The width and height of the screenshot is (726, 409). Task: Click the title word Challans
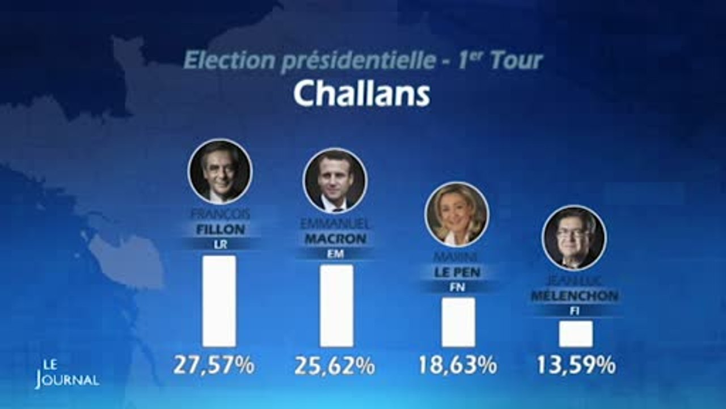click(361, 94)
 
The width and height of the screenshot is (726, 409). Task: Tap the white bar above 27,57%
click(219, 301)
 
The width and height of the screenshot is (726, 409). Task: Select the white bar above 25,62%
click(336, 305)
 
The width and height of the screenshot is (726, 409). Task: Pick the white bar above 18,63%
click(458, 322)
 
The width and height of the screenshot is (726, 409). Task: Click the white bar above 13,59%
click(576, 333)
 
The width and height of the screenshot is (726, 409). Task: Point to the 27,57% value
click(214, 366)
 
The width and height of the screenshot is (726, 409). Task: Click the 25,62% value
click(334, 366)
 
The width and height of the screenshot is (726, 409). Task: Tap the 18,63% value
click(457, 366)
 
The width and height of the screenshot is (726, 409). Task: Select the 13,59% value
click(576, 366)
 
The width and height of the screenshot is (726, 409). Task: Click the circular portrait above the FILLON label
click(220, 171)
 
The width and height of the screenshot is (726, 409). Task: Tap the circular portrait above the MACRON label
click(335, 181)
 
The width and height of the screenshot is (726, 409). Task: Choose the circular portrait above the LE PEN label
click(457, 214)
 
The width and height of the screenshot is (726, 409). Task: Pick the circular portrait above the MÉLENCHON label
click(574, 237)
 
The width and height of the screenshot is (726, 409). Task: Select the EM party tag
click(335, 254)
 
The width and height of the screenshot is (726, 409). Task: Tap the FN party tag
click(457, 287)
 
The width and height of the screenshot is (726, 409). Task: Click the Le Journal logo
click(66, 374)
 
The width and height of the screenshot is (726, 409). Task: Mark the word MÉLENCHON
click(574, 296)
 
